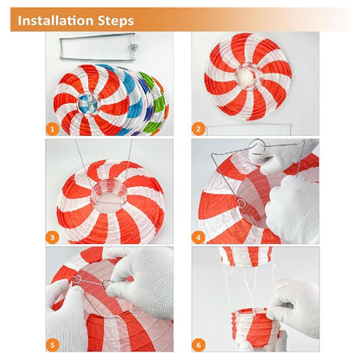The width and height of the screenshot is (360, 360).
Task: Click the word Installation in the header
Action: [55, 21]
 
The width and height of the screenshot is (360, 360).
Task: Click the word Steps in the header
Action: [116, 21]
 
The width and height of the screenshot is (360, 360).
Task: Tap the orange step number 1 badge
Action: [52, 129]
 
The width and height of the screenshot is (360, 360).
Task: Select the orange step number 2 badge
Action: [198, 129]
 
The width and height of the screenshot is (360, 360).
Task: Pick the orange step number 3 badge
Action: [52, 237]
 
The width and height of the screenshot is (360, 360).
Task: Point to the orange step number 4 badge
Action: [198, 237]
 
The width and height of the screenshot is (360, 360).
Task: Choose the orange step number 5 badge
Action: [52, 345]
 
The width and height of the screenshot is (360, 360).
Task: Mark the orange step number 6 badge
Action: [198, 345]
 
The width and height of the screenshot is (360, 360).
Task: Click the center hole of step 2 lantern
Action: [246, 76]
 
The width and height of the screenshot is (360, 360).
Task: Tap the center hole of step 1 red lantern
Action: [88, 103]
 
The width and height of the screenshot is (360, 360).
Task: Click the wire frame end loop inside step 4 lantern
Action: [241, 203]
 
